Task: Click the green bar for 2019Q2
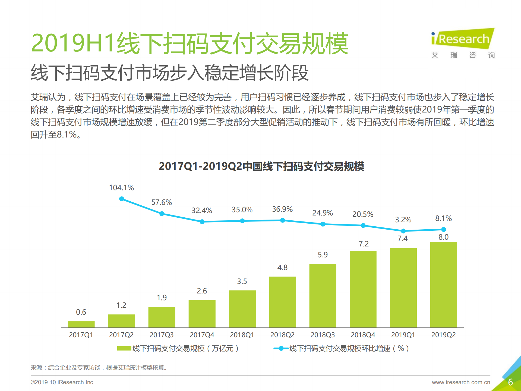443,284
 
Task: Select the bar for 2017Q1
81,324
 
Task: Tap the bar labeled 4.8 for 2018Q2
282,302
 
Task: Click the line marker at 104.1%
122,199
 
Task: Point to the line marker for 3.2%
403,231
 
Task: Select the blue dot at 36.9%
282,220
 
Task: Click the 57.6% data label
162,202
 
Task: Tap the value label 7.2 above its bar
364,244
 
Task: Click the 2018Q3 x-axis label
323,335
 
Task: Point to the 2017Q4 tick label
202,335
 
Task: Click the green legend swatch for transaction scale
124,348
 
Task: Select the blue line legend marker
281,348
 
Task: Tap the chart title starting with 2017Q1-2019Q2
261,166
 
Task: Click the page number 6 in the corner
510,382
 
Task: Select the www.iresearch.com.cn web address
461,382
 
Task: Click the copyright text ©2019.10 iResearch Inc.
62,382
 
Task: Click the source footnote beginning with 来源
99,368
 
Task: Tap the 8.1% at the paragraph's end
67,134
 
